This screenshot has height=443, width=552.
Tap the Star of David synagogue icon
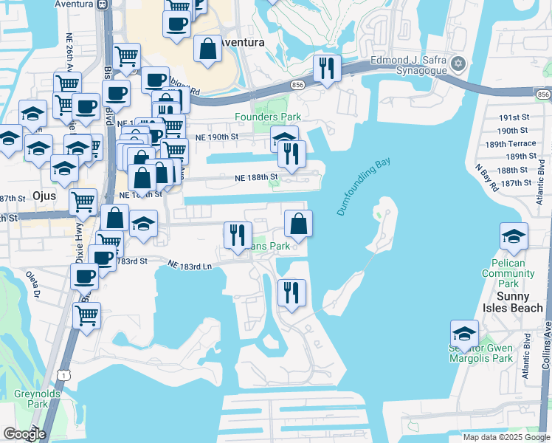[x=458, y=63]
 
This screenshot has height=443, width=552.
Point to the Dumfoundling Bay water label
[x=363, y=187]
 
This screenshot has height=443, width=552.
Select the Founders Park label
[x=268, y=117]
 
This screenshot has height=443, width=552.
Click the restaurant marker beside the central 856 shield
[x=326, y=69]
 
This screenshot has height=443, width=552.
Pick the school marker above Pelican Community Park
[x=514, y=236]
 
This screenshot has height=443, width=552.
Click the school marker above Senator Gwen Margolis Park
[x=465, y=333]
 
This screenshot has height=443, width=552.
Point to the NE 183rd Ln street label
[x=190, y=264]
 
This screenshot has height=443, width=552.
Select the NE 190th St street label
[x=217, y=137]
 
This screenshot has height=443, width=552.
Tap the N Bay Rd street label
[x=487, y=181]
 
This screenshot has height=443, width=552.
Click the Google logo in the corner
[x=24, y=434]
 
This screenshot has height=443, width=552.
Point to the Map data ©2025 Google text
[x=506, y=437]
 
